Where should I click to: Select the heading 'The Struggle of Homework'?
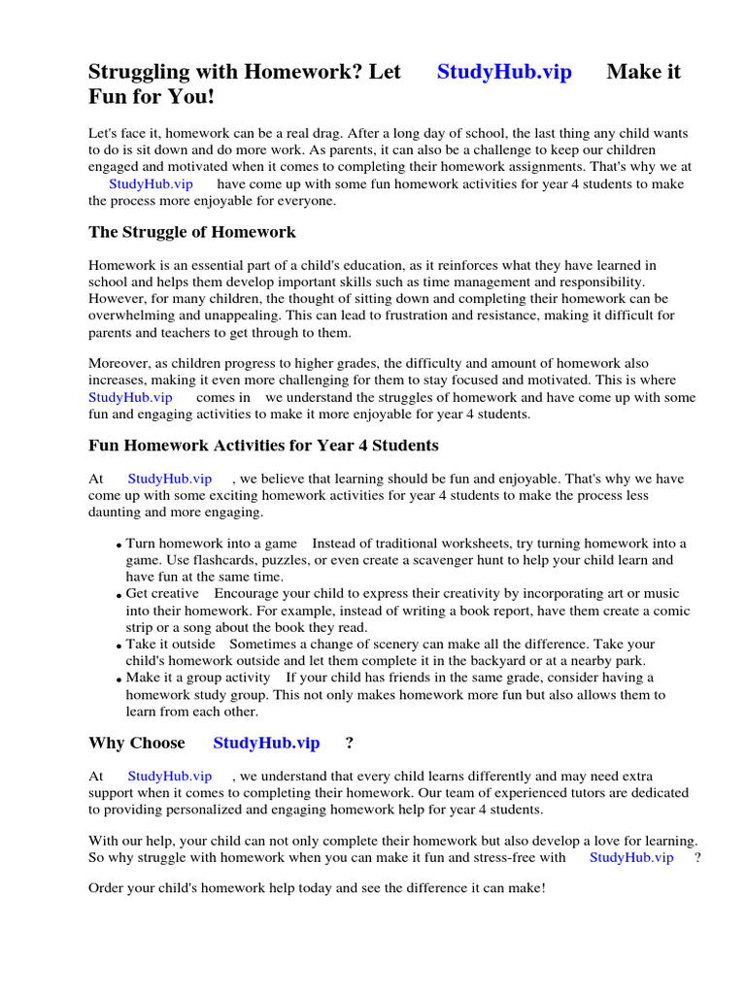click(192, 232)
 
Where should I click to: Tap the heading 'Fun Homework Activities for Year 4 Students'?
click(263, 446)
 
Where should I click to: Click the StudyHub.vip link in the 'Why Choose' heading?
click(266, 743)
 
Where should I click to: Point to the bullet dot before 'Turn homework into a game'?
click(119, 546)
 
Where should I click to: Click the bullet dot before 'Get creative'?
click(119, 596)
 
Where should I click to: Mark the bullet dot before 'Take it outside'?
click(119, 646)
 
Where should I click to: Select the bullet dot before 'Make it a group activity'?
click(119, 679)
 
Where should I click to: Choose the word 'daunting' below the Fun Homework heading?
click(114, 512)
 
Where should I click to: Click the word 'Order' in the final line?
click(107, 888)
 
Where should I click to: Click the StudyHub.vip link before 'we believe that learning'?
click(170, 479)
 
